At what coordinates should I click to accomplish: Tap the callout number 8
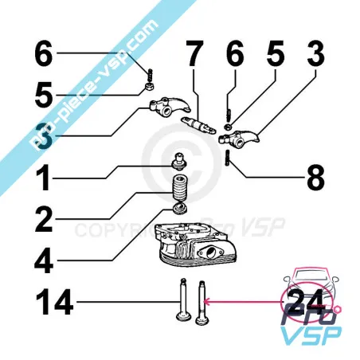(315, 176)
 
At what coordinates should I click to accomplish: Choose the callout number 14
(55, 303)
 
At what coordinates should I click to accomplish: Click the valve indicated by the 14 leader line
(182, 306)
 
